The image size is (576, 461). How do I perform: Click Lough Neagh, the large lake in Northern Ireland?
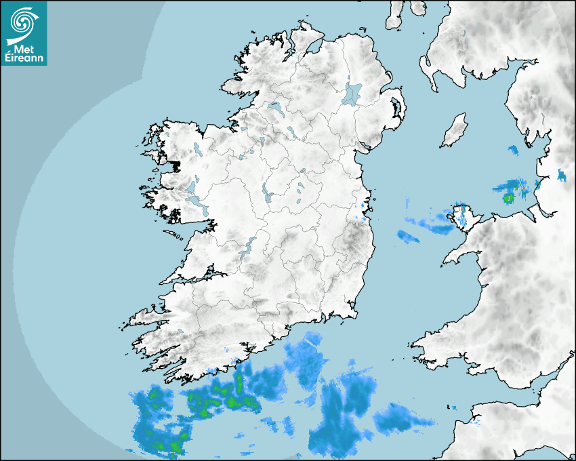352,93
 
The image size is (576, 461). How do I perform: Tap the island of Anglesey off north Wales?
462,216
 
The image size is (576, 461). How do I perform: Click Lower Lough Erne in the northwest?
275,108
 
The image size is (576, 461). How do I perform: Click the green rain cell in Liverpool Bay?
508,197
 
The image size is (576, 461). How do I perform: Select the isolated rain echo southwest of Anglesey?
408,237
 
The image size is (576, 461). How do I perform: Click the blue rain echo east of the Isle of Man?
513,148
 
